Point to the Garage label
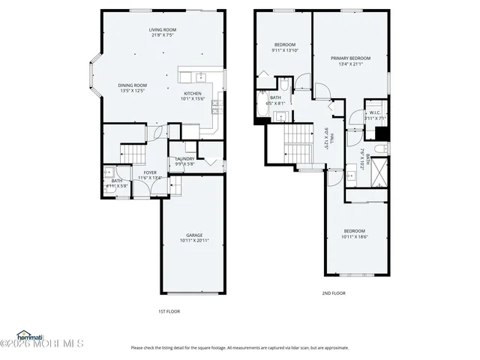[x=193, y=235]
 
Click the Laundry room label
[x=184, y=159]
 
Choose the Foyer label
[x=150, y=172]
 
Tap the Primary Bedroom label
[x=350, y=58]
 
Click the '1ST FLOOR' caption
[x=168, y=311]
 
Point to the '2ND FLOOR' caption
[x=334, y=293]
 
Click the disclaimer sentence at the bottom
[x=240, y=347]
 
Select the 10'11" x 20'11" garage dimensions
[x=194, y=241]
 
